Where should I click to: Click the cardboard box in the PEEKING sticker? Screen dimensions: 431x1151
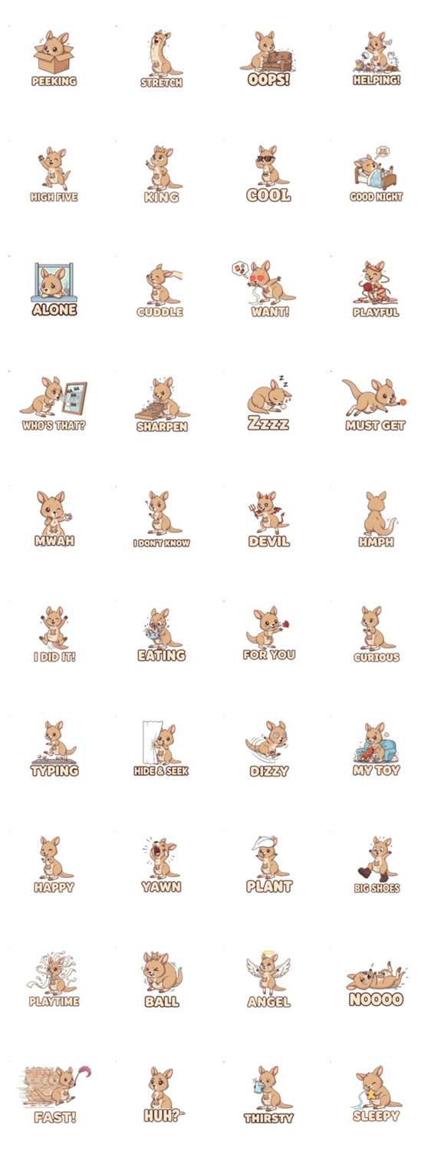point(54,60)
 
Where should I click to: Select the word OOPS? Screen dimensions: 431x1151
point(268,79)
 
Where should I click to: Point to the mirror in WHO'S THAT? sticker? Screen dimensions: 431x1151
point(74,397)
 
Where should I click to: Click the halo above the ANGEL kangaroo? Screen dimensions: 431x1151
point(268,955)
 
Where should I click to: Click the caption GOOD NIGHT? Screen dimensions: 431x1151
point(376,196)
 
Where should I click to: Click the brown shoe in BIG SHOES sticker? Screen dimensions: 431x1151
point(365,872)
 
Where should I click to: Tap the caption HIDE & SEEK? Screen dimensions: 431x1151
point(161,770)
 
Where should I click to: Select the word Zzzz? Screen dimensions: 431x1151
point(268,423)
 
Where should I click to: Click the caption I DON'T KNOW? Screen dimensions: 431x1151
point(161,543)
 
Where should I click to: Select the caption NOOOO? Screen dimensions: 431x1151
point(376,999)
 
